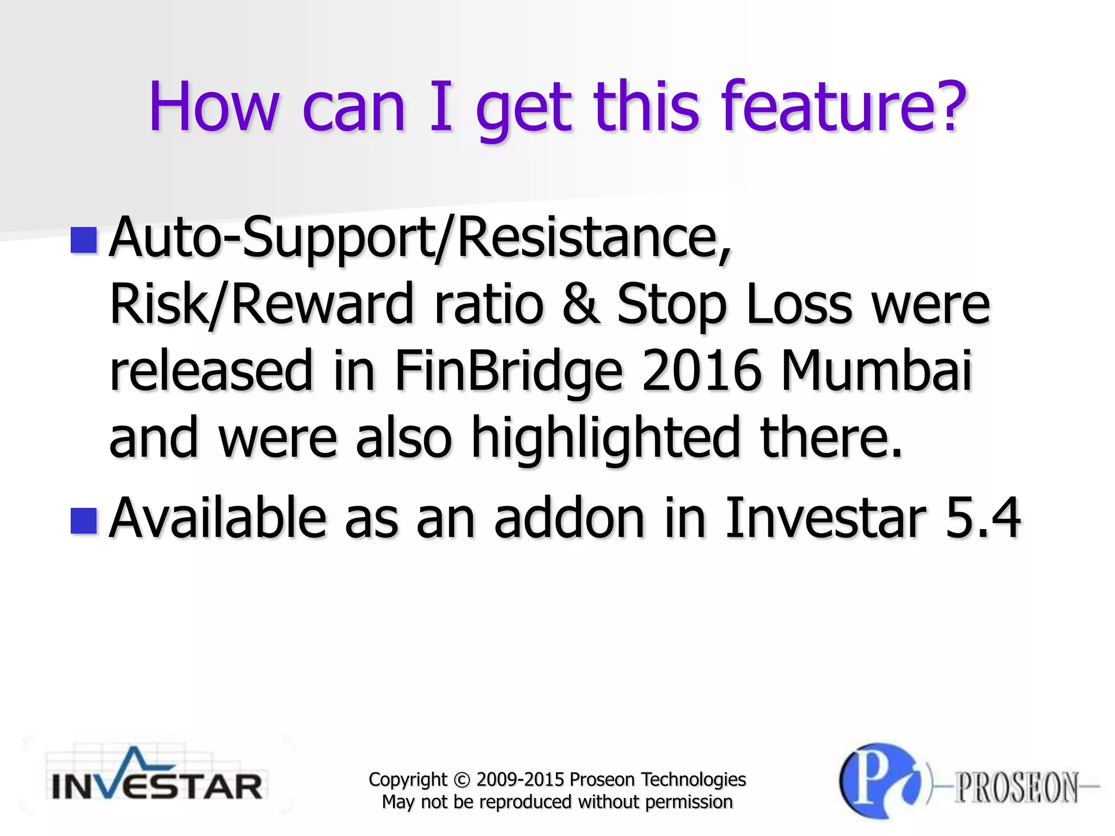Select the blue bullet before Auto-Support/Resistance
83,240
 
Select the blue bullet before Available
83,520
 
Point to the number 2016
701,371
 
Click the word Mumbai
877,371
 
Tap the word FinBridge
508,371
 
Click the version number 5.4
983,518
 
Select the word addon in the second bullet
569,518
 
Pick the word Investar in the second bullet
825,518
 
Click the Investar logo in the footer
157,776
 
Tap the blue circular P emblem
880,781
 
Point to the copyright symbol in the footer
461,780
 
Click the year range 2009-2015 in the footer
520,780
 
